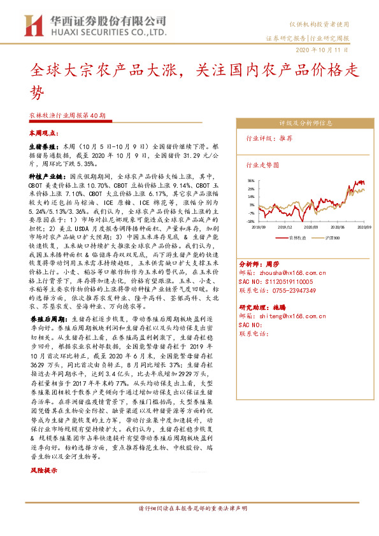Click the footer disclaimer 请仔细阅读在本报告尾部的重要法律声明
click(189, 526)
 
